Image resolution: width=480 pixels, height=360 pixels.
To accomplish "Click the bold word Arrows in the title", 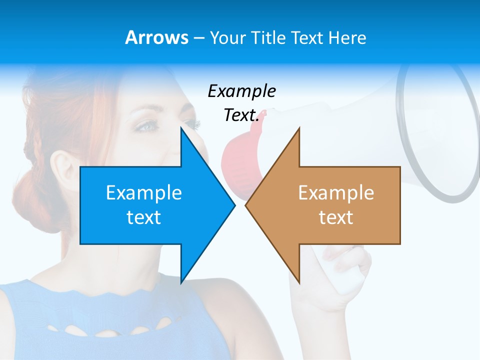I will pos(156,37).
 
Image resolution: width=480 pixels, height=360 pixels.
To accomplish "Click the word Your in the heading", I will pos(227,37).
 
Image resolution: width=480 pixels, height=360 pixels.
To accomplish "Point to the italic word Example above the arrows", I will pos(241,91).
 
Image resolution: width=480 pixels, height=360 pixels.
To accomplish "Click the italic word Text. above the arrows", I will pos(241,115).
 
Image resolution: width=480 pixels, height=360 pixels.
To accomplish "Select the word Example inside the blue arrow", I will pos(143,192).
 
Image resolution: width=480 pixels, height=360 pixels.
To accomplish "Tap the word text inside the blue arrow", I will pos(143,217).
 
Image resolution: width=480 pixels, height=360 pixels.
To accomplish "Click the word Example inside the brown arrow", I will pos(336,192).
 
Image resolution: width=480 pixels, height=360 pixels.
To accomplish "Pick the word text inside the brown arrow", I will pos(336,217).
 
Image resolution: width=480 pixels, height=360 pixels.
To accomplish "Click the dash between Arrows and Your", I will pos(198,38).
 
